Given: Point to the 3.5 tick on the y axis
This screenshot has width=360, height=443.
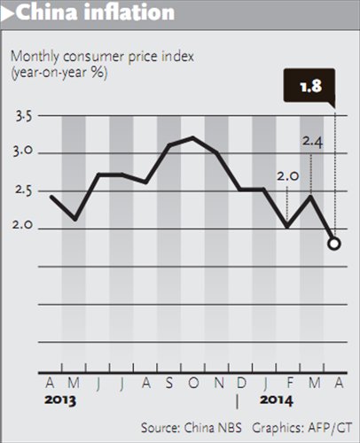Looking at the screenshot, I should (x=24, y=116).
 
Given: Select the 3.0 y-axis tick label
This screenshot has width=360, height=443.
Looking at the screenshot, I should (x=24, y=153).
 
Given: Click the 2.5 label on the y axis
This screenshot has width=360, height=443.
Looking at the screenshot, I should (x=24, y=190).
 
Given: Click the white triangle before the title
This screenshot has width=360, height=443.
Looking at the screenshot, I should (x=9, y=13).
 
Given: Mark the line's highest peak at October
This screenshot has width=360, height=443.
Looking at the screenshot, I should (x=192, y=137).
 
